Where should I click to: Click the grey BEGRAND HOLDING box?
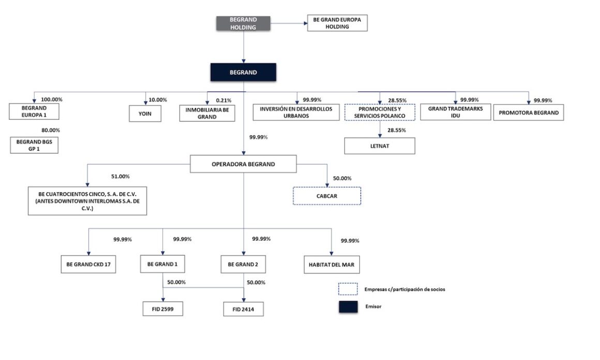coord(243,23)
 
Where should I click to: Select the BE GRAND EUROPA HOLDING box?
coord(337,23)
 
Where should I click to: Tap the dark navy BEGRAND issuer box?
coord(243,72)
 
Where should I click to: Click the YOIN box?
coord(146,113)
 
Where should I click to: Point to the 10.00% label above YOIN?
coord(158,100)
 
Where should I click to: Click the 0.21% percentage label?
coord(223,100)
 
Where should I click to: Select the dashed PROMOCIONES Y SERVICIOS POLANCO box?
coord(380,113)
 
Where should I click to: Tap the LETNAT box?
coord(380,146)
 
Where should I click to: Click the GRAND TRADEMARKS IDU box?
coord(455,112)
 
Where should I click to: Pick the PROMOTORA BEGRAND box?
coord(528,113)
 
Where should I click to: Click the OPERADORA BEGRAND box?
coord(243,164)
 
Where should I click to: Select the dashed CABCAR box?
coord(327,196)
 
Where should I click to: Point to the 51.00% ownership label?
coord(121,176)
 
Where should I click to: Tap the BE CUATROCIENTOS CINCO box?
coord(88,201)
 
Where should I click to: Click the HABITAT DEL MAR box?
coord(332,265)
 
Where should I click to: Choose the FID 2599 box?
coord(163,309)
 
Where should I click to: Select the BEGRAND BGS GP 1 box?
coord(34,145)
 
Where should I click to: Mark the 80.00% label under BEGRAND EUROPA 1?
coord(51,130)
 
